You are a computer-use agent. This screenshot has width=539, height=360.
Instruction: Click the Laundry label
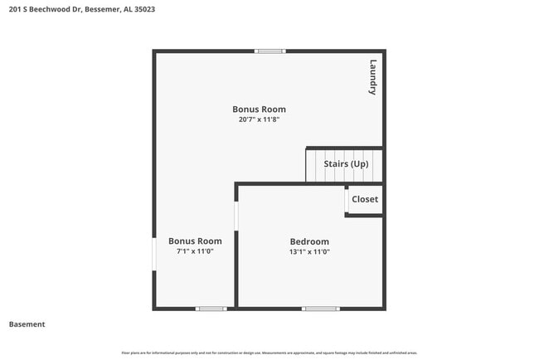click(373, 78)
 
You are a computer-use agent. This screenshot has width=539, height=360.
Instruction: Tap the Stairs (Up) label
click(346, 164)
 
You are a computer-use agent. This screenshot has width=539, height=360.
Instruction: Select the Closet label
click(365, 199)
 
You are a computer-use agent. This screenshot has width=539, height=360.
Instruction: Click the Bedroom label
click(309, 241)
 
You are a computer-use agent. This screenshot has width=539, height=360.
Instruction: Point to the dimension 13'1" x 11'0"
click(309, 251)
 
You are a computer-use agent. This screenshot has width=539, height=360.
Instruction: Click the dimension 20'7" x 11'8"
click(259, 119)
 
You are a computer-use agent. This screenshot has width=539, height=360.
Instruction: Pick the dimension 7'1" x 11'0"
click(195, 251)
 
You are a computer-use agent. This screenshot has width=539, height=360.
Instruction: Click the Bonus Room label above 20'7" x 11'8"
click(259, 109)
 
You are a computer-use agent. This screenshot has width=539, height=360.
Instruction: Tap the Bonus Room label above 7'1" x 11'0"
click(195, 241)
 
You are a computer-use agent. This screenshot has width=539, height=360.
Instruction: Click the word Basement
click(27, 324)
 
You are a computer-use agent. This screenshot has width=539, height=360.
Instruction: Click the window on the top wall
click(270, 51)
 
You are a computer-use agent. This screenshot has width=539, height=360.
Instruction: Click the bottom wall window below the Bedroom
click(320, 309)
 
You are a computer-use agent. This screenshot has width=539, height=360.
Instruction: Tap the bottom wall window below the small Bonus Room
click(211, 309)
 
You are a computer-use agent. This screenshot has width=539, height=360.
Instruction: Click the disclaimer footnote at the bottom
click(269, 353)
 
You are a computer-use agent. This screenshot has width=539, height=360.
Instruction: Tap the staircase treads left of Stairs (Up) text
click(314, 164)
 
